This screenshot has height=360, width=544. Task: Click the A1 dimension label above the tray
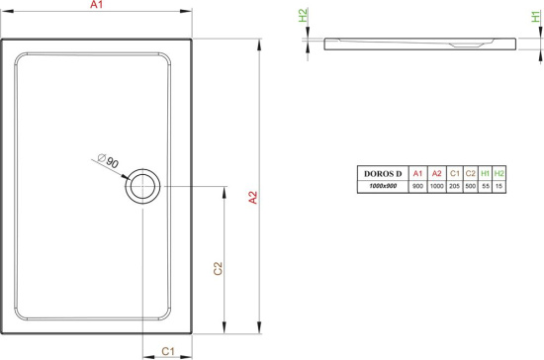96,8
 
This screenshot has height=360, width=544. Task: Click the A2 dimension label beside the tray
252,197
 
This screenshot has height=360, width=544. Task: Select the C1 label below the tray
168,351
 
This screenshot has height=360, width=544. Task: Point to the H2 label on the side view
303,16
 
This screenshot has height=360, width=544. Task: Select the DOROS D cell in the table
385,174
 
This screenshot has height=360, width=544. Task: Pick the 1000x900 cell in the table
385,186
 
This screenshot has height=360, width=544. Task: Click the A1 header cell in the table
418,174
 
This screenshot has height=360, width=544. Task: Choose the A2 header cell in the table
436,174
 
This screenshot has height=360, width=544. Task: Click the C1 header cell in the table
454,174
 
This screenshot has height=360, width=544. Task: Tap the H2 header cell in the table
499,174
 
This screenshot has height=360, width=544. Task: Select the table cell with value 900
418,186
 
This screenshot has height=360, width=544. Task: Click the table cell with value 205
454,186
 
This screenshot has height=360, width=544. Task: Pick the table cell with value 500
471,186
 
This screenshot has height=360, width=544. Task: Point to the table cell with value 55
486,186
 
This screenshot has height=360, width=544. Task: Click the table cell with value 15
499,186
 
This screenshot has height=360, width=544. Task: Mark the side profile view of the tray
420,44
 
